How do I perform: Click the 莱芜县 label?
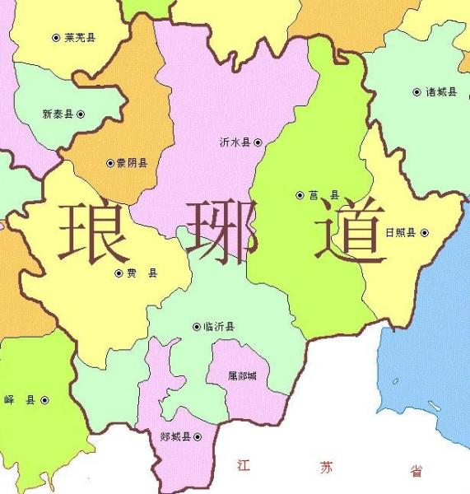pyautogui.click(x=80, y=38)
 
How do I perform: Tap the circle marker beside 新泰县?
pyautogui.click(x=81, y=114)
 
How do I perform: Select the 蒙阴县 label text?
pyautogui.click(x=132, y=163)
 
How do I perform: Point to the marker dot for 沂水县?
pyautogui.click(x=258, y=142)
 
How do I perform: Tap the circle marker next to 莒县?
pyautogui.click(x=300, y=195)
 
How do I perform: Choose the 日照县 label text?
pyautogui.click(x=401, y=233)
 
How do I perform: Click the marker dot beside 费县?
pyautogui.click(x=119, y=273)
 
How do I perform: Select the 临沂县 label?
pyautogui.click(x=219, y=327)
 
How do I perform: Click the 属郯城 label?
pyautogui.click(x=242, y=376)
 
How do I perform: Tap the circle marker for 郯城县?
pyautogui.click(x=197, y=437)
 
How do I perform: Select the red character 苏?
pyautogui.click(x=327, y=468)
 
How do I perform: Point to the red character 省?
pyautogui.click(x=416, y=471)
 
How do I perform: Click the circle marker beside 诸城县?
pyautogui.click(x=416, y=92)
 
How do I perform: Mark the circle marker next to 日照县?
pyautogui.click(x=425, y=233)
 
